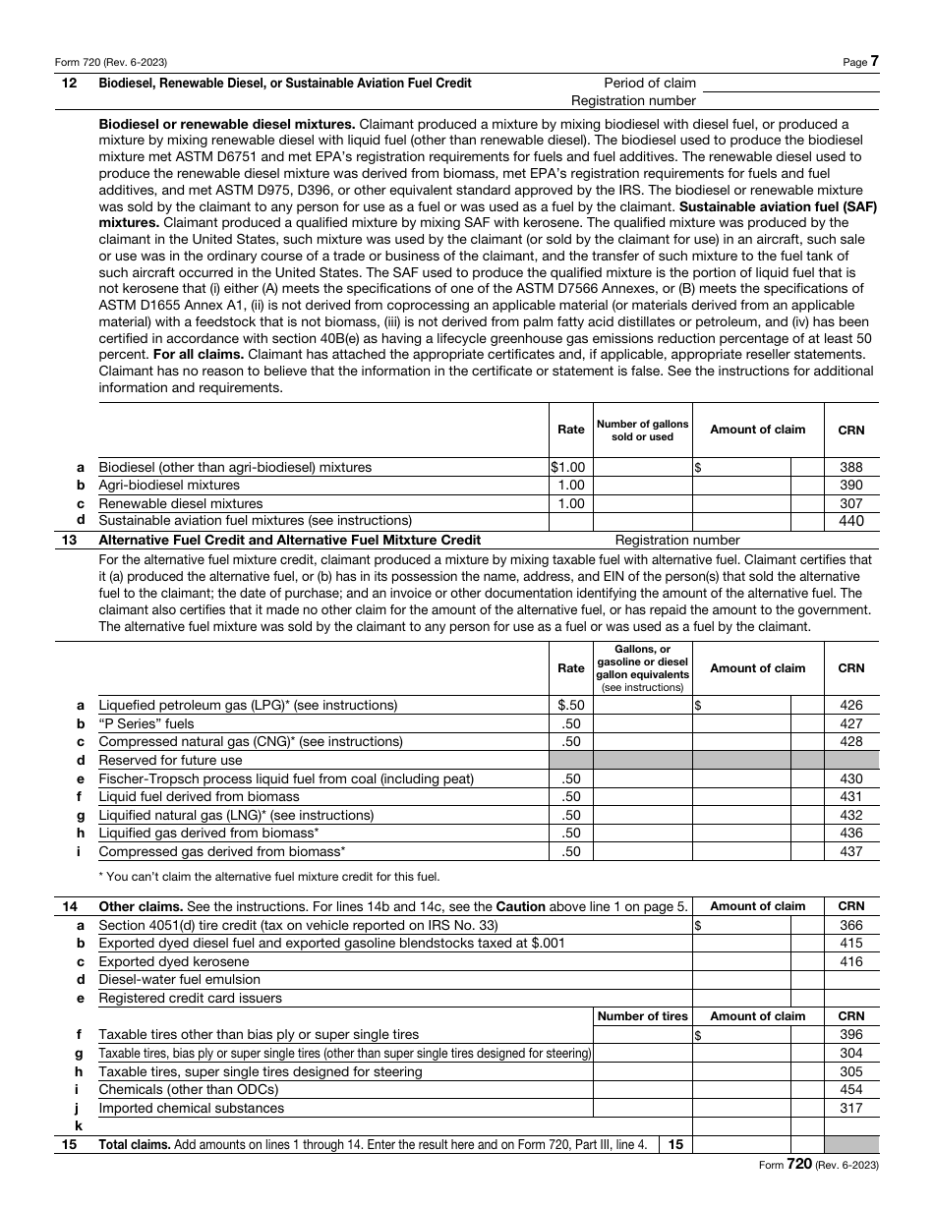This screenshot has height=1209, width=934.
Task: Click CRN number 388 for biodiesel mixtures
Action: (x=850, y=468)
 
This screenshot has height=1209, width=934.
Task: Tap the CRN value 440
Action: (x=850, y=521)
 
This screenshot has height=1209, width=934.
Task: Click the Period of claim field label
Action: (x=650, y=84)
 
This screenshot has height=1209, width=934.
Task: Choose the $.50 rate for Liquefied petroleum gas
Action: (x=570, y=706)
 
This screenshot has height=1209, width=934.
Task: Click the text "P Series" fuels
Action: (x=146, y=723)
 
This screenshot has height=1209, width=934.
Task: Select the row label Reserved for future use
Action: (x=170, y=760)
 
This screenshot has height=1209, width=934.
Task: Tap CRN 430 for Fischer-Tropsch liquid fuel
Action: (x=850, y=778)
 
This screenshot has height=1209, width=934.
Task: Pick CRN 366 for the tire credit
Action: (x=850, y=925)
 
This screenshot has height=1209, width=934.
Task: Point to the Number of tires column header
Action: (x=643, y=1016)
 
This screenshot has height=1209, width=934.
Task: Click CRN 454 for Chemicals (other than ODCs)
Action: (x=850, y=1089)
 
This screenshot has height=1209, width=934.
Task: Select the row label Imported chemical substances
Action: (x=191, y=1108)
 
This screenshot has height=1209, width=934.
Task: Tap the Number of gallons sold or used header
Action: (x=643, y=430)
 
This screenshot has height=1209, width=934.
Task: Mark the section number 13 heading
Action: (x=69, y=540)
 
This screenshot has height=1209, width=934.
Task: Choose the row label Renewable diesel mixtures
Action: (x=181, y=503)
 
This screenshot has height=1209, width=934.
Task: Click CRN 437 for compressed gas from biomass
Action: (x=850, y=851)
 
